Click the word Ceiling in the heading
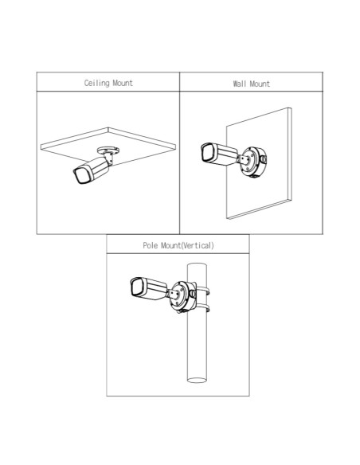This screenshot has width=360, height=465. point(97,83)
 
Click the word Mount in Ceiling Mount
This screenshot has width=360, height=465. point(123,83)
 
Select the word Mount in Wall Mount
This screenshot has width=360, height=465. point(260,84)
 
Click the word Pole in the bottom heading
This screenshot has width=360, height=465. point(151,245)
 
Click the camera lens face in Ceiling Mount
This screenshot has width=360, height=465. point(80,175)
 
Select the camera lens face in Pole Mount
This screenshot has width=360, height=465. point(137,287)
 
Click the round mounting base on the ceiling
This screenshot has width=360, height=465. point(108,150)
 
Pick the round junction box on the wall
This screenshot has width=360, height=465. point(253,162)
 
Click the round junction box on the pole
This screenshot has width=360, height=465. point(183,296)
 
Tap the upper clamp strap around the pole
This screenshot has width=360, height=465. point(203,291)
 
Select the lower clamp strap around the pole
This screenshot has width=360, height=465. point(203,308)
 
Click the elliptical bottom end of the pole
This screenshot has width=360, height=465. point(197,380)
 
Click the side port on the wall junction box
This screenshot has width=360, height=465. point(264,159)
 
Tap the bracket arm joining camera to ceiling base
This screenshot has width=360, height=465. point(108,157)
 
